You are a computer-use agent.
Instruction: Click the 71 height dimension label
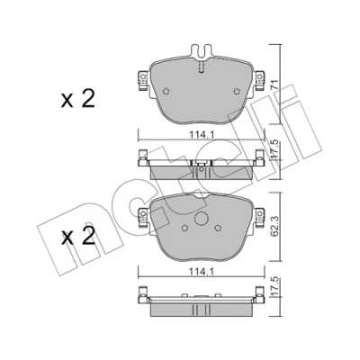tap(274, 84)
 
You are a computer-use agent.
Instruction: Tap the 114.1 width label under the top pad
tap(202, 135)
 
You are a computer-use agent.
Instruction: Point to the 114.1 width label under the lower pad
tap(202, 273)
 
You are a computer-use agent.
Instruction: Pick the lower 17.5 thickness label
tap(274, 287)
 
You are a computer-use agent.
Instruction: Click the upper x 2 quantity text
tap(78, 100)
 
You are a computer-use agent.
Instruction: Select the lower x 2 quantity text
tap(78, 238)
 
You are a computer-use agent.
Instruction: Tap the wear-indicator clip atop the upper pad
tap(202, 51)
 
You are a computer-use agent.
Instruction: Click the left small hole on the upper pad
tap(166, 91)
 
